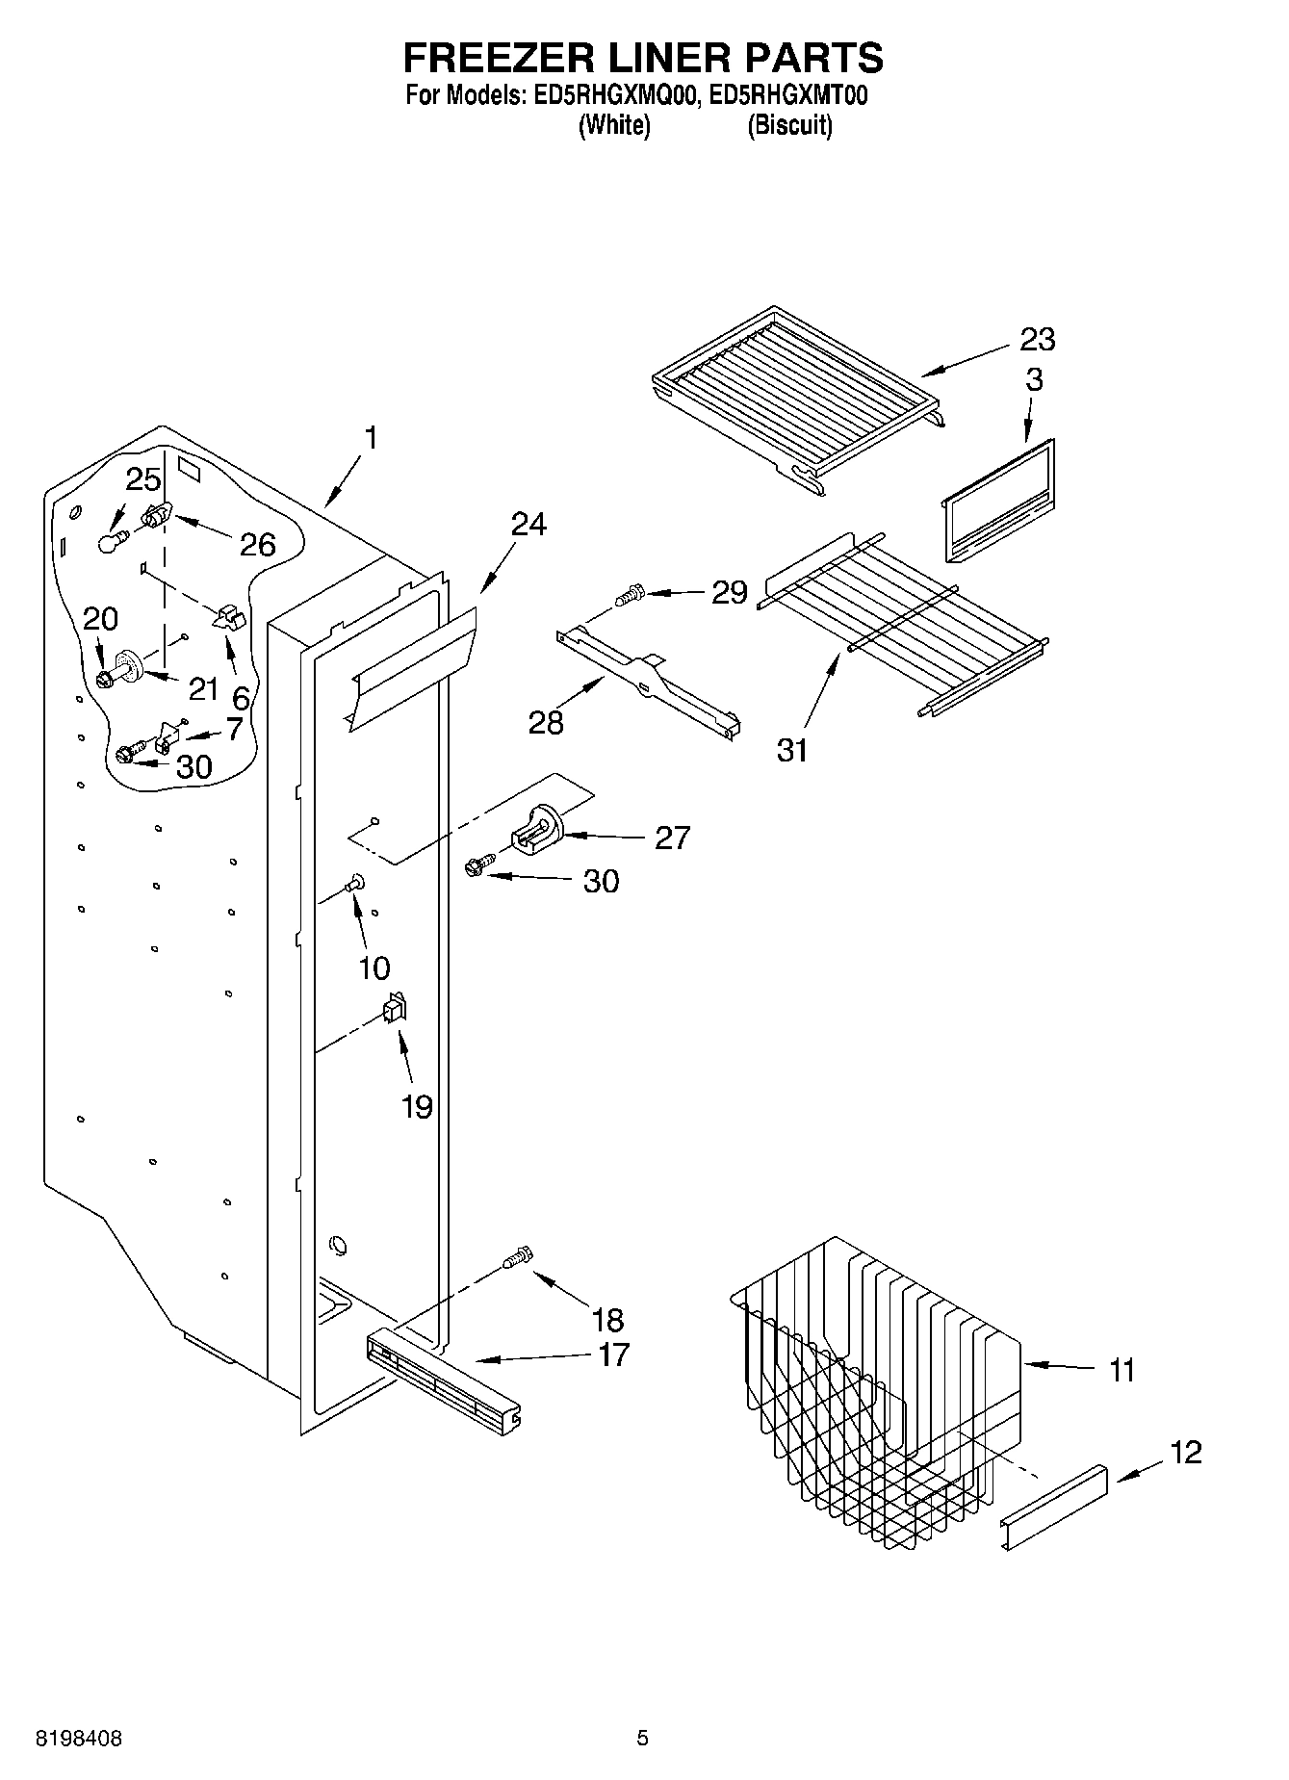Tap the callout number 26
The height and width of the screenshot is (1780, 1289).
click(x=257, y=545)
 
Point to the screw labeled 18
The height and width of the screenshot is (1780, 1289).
click(x=518, y=1258)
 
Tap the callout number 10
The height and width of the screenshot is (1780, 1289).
click(x=374, y=967)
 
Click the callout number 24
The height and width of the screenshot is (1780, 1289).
click(x=528, y=525)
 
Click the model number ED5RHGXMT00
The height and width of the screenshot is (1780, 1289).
click(x=787, y=95)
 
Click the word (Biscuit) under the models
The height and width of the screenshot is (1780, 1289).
click(x=789, y=125)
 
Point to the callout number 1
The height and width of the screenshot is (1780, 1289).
click(x=370, y=438)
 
